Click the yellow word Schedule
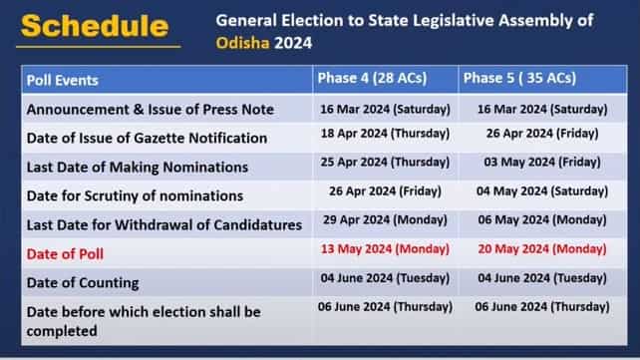coord(94,26)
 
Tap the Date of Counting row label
coord(83,283)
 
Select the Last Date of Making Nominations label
coord(138,167)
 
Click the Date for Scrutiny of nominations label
coord(135,195)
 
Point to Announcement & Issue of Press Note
coord(150,109)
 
